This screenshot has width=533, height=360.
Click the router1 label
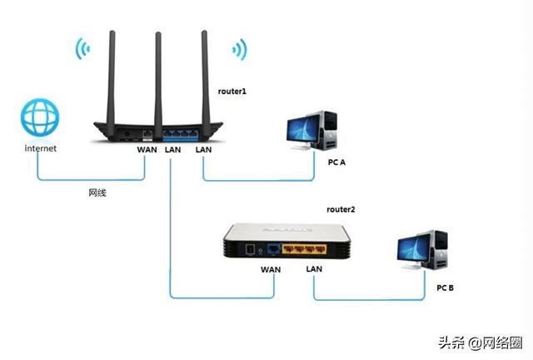pyautogui.click(x=232, y=91)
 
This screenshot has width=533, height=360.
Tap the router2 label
pyautogui.click(x=341, y=209)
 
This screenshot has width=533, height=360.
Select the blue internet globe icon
pyautogui.click(x=40, y=117)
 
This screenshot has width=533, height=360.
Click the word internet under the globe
pyautogui.click(x=41, y=148)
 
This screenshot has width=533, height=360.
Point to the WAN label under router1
pyautogui.click(x=147, y=150)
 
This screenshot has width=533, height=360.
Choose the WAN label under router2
pyautogui.click(x=271, y=269)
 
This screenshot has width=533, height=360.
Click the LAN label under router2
pyautogui.click(x=314, y=269)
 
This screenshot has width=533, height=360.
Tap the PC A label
pyautogui.click(x=336, y=162)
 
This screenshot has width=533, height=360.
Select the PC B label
pyautogui.click(x=445, y=287)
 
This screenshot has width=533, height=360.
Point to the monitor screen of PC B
pyautogui.click(x=413, y=249)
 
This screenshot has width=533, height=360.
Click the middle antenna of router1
pyautogui.click(x=158, y=86)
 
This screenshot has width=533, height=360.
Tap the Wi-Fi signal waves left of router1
pyautogui.click(x=82, y=48)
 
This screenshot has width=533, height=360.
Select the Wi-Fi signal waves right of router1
pyautogui.click(x=240, y=49)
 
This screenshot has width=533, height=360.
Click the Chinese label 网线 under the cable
pyautogui.click(x=97, y=193)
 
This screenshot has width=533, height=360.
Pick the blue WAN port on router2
pyautogui.click(x=274, y=248)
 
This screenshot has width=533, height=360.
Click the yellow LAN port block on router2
pyautogui.click(x=305, y=249)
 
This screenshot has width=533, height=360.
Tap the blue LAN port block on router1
pyautogui.click(x=180, y=134)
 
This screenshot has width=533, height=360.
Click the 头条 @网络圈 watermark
pyautogui.click(x=480, y=342)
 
